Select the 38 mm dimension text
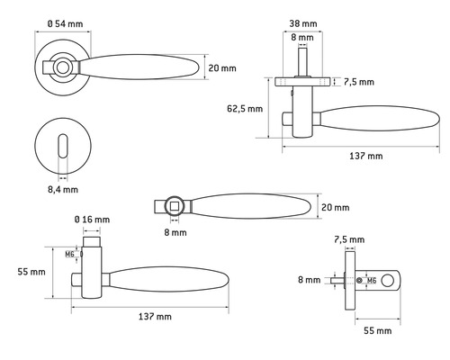pyautogui.click(x=304, y=23)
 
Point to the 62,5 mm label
pyautogui.click(x=244, y=109)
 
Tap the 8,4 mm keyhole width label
pyautogui.click(x=62, y=189)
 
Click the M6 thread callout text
pyautogui.click(x=69, y=255)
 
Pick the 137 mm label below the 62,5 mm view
pyautogui.click(x=364, y=156)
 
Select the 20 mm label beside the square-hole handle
pyautogui.click(x=336, y=208)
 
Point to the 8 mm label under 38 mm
pyautogui.click(x=304, y=38)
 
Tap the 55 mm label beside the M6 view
pyautogui.click(x=31, y=271)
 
